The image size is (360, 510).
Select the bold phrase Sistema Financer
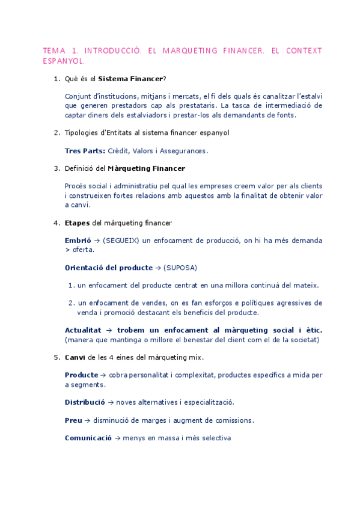[130, 79]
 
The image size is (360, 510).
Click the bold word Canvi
[76, 357]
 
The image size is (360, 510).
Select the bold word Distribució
[85, 402]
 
